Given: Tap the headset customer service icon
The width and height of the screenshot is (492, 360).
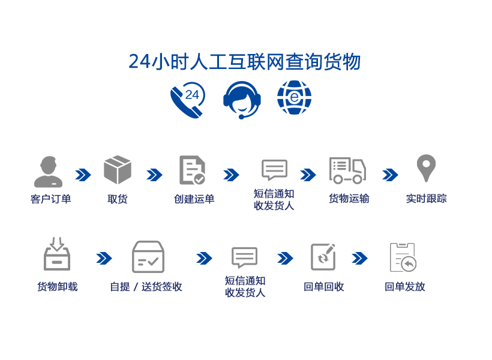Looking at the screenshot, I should (x=242, y=99).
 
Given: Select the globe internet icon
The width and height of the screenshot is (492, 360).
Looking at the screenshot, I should (x=294, y=98).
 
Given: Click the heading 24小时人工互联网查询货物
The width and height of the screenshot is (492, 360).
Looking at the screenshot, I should (x=245, y=62).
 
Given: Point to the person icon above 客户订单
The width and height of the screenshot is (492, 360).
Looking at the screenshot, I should (x=49, y=172).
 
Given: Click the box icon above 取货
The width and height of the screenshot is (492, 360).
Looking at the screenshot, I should (x=118, y=170).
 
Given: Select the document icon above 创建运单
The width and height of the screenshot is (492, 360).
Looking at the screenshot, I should (x=192, y=170).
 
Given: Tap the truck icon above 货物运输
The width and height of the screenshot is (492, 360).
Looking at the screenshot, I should (x=347, y=170).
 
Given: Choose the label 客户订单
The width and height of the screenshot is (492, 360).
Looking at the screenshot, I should (x=51, y=199).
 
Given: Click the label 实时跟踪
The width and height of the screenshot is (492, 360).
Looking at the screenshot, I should (x=426, y=199).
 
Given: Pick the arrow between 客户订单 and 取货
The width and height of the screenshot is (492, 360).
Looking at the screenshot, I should (x=83, y=175).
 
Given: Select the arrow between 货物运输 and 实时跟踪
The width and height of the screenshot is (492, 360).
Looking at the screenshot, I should (x=390, y=175).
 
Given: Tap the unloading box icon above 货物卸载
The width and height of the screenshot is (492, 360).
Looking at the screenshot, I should (x=57, y=254).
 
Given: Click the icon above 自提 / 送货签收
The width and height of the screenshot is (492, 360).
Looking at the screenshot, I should (x=148, y=257).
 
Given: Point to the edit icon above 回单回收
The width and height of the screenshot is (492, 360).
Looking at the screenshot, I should (x=323, y=257).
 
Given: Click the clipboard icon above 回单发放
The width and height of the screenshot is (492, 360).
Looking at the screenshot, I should (x=403, y=257).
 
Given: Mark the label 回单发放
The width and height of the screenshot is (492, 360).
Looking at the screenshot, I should (x=405, y=287).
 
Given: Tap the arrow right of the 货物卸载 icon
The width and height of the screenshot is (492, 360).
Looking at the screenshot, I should (x=104, y=258).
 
